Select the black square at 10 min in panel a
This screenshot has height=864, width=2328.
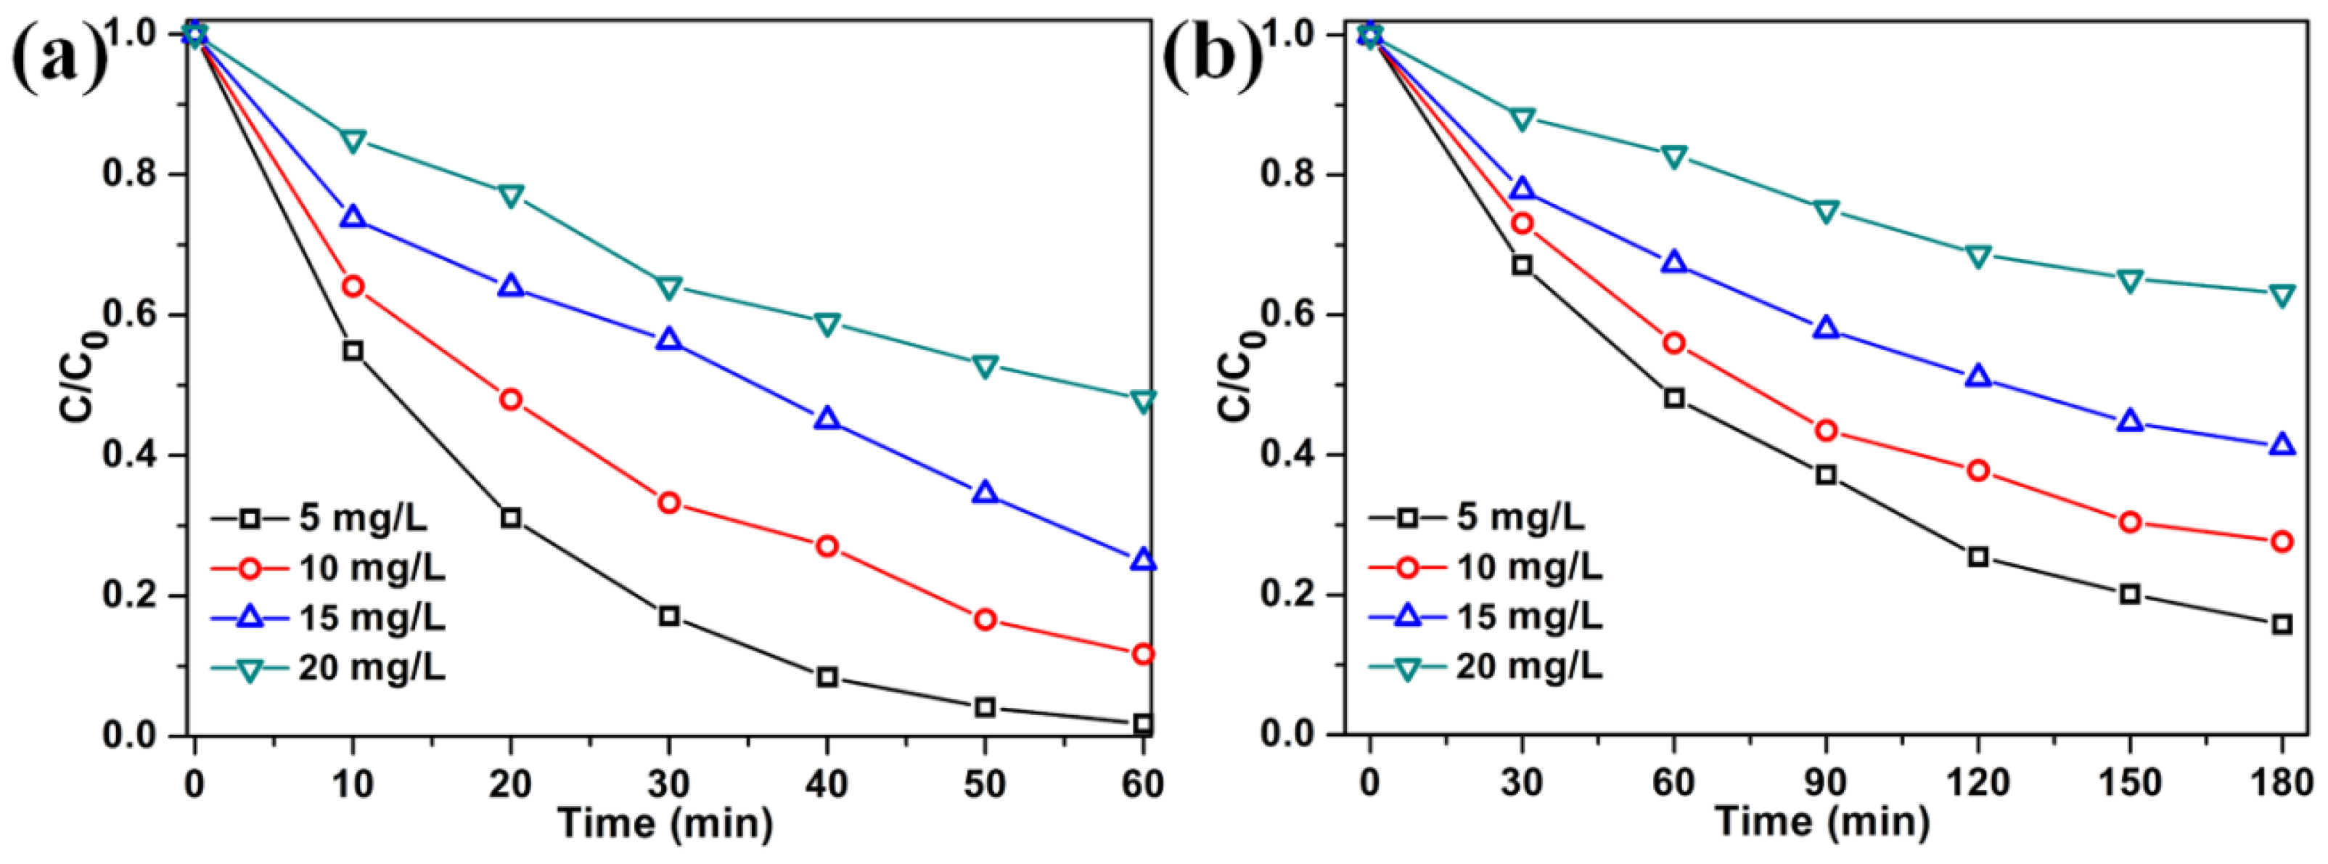click(353, 351)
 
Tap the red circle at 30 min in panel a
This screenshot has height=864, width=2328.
click(669, 502)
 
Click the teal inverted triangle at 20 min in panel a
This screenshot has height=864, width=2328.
click(511, 195)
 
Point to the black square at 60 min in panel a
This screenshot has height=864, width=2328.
click(1142, 723)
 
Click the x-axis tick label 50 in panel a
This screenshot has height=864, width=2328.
click(984, 783)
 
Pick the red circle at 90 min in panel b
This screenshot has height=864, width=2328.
click(1826, 431)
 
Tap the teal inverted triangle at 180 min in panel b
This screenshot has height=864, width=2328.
click(2282, 296)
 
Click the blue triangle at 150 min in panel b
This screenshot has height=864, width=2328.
click(2130, 421)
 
